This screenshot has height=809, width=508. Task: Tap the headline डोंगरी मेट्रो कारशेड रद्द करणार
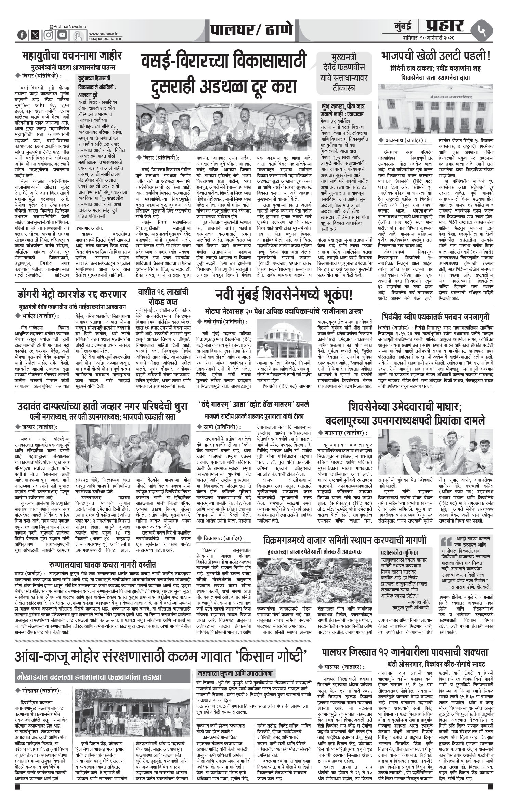[x=72, y=294]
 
